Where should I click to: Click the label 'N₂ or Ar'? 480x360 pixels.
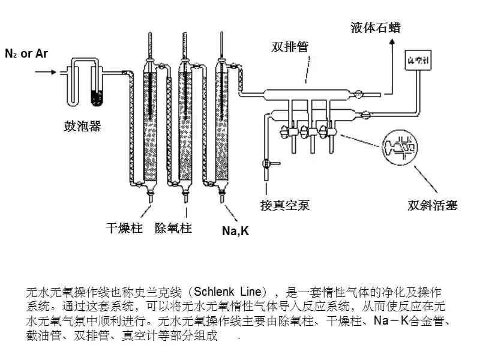(x=26, y=53)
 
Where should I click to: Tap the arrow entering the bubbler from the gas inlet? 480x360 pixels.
(x=46, y=72)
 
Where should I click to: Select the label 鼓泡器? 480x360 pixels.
(x=82, y=126)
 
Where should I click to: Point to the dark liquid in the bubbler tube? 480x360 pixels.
(x=96, y=95)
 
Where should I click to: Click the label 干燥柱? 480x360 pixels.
(x=124, y=228)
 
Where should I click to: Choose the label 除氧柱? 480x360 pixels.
(x=173, y=228)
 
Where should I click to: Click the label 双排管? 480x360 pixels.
(x=290, y=47)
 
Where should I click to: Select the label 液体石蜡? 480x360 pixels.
(x=376, y=28)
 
